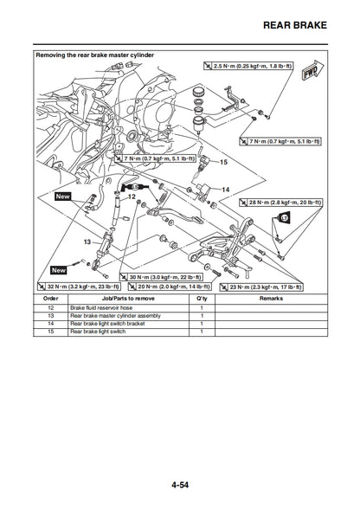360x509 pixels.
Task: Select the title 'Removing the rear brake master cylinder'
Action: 94,55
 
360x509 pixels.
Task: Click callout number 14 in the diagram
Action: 225,189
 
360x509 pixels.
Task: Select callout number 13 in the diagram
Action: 87,243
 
